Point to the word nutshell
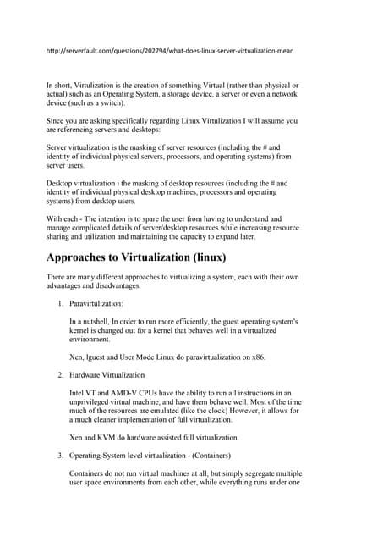pos(99,323)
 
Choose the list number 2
pos(59,374)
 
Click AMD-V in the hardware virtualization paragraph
pos(134,394)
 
